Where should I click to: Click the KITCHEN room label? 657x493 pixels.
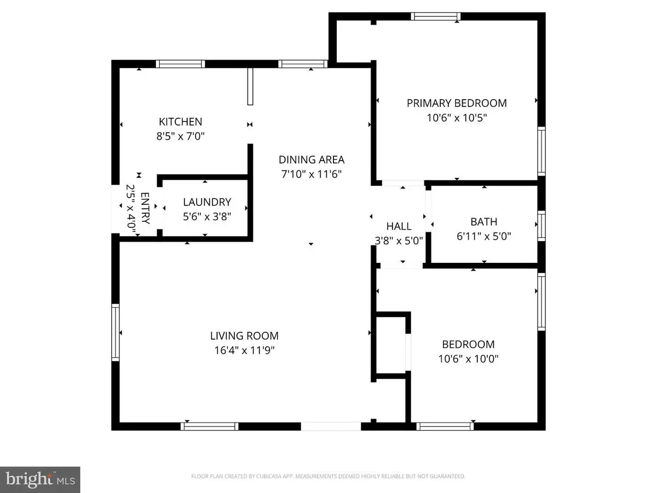tap(180, 122)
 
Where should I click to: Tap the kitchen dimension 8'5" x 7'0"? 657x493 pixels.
tap(180, 135)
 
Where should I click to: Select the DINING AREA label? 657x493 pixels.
tap(312, 160)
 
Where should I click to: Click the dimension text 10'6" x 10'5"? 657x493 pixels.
tap(457, 117)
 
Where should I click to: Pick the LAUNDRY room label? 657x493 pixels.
tap(207, 202)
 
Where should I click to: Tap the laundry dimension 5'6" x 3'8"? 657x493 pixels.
tap(207, 216)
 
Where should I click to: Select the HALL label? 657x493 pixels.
tap(399, 226)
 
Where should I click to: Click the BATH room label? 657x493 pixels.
tap(484, 222)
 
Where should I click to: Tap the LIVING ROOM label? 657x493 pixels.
tap(245, 336)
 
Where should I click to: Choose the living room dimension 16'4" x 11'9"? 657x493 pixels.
tap(245, 350)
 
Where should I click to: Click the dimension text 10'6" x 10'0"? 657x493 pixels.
tap(468, 359)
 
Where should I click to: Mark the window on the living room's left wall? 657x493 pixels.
tap(116, 333)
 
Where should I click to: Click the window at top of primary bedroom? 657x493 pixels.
tap(436, 16)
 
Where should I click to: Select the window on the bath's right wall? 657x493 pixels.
tap(541, 226)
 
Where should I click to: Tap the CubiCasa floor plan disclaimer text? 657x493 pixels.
tap(328, 477)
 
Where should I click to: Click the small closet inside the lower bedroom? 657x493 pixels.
tap(391, 346)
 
